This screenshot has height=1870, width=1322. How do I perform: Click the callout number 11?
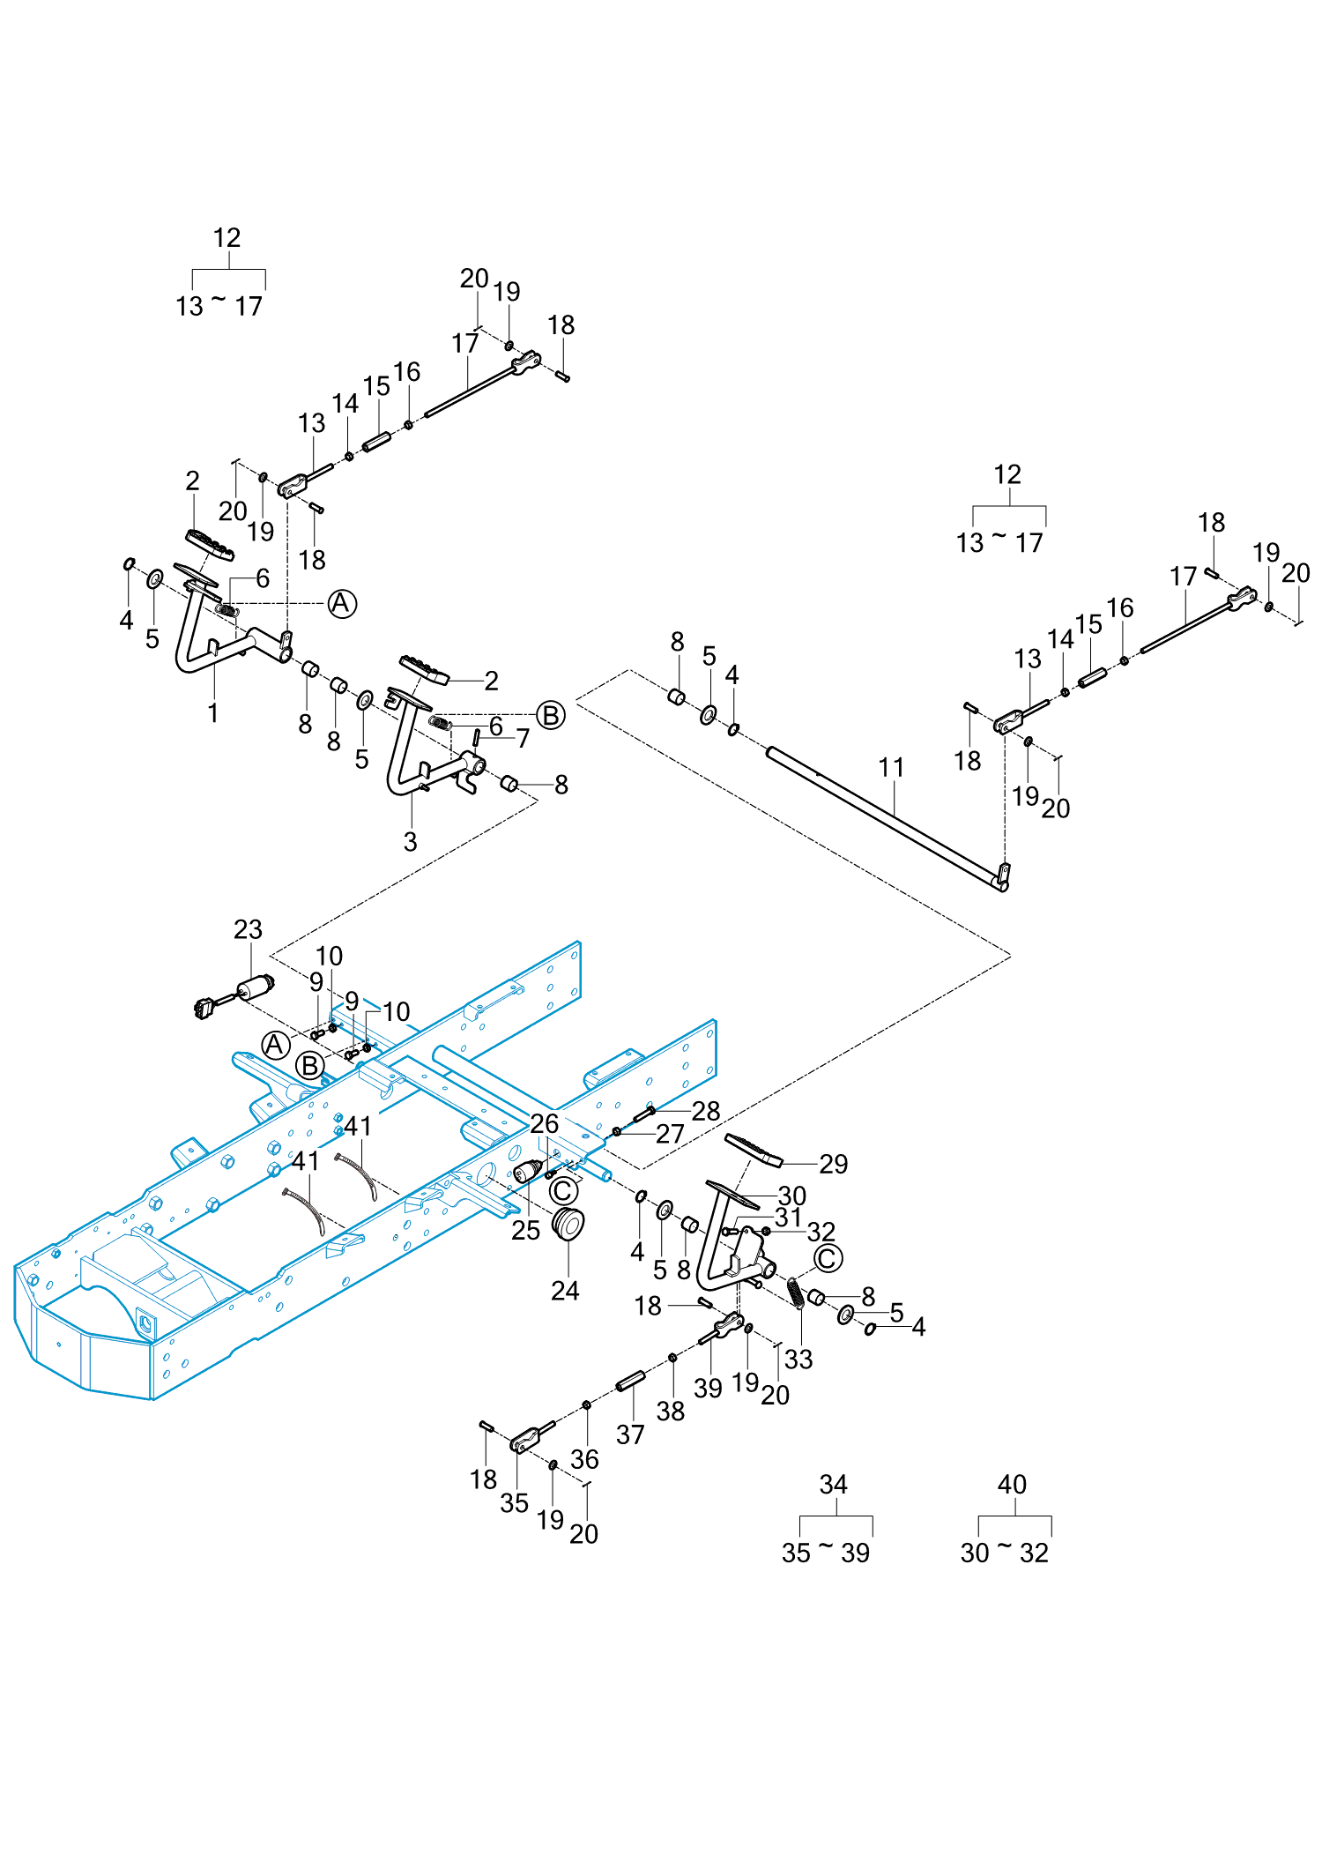pos(891,767)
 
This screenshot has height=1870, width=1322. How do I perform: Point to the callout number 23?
pos(248,929)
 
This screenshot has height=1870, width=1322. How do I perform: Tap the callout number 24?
pos(565,1291)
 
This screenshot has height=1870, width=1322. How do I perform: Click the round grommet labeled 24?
pos(568,1223)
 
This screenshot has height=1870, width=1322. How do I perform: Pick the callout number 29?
pos(833,1164)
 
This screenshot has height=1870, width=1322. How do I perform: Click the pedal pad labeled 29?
pos(754,1149)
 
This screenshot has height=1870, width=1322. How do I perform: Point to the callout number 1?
pos(212,712)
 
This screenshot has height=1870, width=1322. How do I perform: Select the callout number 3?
pos(410,841)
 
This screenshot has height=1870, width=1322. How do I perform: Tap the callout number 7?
pos(523,738)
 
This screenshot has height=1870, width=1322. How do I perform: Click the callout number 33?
pos(798,1359)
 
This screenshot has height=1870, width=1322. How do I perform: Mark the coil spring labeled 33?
pos(795,1293)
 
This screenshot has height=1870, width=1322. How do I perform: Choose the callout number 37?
pos(630,1434)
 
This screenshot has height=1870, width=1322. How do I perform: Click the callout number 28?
pos(705,1111)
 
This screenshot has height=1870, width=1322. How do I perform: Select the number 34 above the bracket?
pos(834,1485)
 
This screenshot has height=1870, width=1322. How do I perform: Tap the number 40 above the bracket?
pos(1012,1485)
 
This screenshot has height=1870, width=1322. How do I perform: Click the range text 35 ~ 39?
pos(826,1553)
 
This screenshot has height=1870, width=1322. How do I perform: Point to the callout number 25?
pos(525,1230)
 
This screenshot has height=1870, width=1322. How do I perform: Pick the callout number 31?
pos(788,1218)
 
